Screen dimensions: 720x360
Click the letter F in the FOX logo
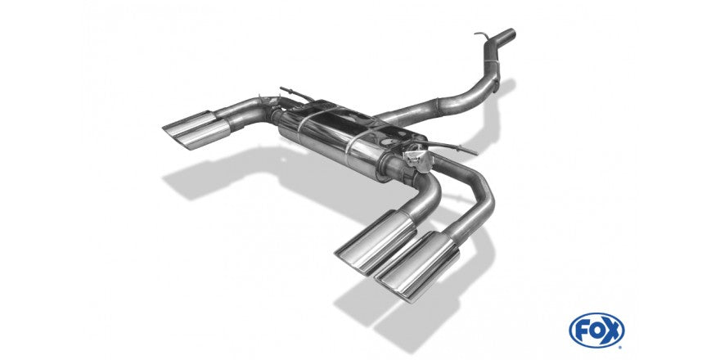tap(582, 331)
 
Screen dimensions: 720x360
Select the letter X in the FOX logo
tap(613, 331)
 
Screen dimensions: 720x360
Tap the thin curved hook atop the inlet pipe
tap(482, 35)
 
